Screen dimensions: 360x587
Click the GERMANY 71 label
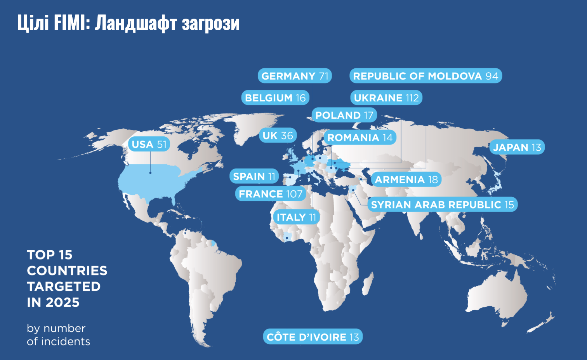295,76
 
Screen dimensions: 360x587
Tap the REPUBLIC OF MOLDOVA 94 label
425,76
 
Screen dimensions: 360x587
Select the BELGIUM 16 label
275,98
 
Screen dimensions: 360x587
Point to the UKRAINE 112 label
386,98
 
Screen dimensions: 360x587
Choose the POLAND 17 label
344,115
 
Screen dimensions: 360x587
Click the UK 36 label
278,136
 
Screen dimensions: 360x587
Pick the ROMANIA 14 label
360,137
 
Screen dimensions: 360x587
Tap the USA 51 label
149,144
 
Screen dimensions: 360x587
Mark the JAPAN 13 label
517,147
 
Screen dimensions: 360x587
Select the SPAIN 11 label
254,176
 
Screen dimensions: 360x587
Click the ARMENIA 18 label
406,179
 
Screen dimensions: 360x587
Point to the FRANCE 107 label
271,194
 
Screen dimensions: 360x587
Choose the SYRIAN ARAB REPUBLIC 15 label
442,205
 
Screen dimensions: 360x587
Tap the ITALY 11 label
296,217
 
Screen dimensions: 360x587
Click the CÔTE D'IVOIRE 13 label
313,337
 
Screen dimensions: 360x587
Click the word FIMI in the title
71,23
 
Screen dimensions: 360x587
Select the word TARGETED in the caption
64,287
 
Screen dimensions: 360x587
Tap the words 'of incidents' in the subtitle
58,342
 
